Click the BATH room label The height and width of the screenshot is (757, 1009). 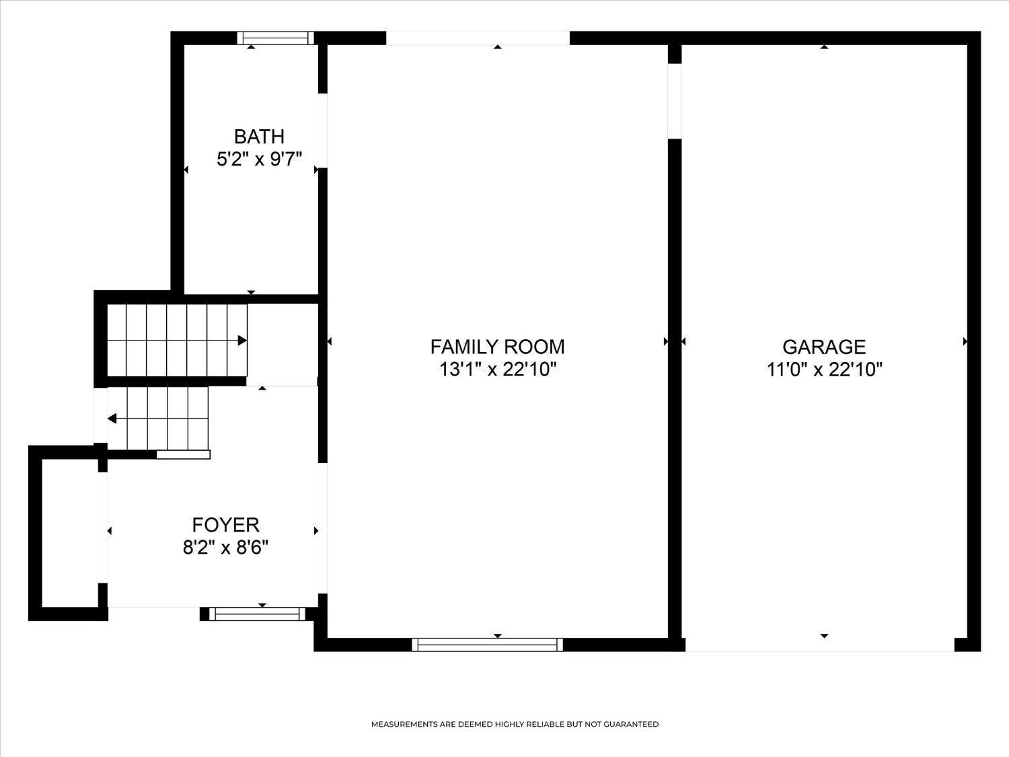tap(259, 137)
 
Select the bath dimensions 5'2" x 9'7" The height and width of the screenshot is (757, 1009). tap(259, 159)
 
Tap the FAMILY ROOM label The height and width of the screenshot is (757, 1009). tap(497, 347)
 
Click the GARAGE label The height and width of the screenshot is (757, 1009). tap(824, 347)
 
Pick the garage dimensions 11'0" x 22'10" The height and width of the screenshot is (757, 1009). tap(825, 369)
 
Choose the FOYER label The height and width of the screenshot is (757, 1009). tap(226, 524)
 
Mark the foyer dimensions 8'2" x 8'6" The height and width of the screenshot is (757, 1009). tap(226, 548)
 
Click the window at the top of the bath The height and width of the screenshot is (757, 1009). tap(275, 38)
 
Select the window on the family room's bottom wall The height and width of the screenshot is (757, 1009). tap(487, 645)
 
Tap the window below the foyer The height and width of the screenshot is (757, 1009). tap(258, 614)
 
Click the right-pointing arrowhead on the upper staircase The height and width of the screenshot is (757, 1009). tap(242, 340)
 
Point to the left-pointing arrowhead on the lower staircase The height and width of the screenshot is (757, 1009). tap(112, 419)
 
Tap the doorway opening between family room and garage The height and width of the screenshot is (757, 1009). tap(675, 101)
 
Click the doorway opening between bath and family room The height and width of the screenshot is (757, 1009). tap(323, 131)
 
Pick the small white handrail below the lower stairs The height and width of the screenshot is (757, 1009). tap(184, 455)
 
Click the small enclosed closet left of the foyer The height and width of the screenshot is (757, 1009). tap(70, 533)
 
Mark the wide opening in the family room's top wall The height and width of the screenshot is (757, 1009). tap(478, 38)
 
